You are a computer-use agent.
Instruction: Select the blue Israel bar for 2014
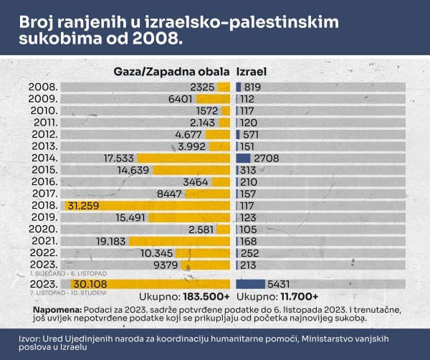coord(243,158)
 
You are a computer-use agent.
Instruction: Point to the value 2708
coord(266,158)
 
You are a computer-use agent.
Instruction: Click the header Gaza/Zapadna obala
coord(172,72)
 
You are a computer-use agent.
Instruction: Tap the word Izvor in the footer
coord(28,338)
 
